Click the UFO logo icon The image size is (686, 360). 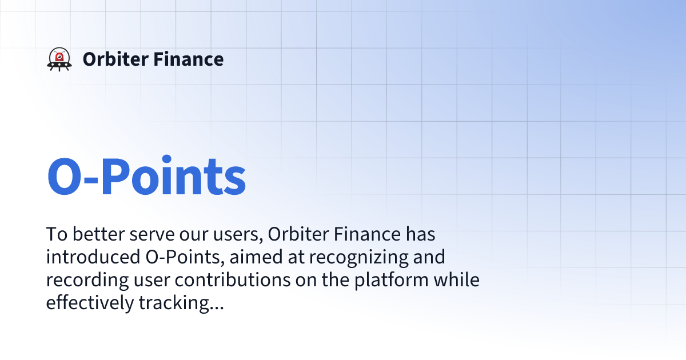(59, 59)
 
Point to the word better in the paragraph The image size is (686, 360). (96, 234)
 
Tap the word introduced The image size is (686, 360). (89, 257)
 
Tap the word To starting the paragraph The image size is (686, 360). (55, 234)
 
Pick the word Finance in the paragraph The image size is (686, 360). (366, 234)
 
